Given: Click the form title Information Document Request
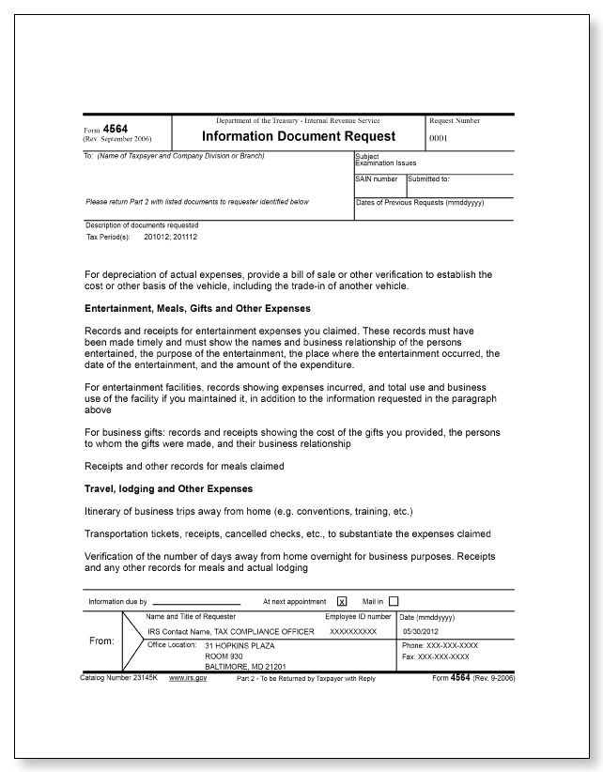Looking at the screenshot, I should click(x=299, y=137).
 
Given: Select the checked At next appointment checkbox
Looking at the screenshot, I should click(x=342, y=602).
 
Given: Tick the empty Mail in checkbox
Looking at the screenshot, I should click(x=394, y=602).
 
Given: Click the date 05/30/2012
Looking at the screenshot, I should click(x=420, y=632).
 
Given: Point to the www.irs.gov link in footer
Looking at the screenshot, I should click(x=188, y=678).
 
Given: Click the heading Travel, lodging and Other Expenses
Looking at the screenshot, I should click(x=168, y=488).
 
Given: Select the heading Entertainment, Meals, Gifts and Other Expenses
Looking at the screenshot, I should click(x=197, y=308).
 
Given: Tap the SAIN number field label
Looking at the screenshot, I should click(x=377, y=178).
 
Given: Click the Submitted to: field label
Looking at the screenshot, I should click(x=429, y=178).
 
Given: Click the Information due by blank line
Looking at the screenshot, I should click(x=196, y=603).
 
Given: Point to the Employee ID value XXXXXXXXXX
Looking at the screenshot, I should click(x=353, y=632).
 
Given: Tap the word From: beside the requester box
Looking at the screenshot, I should click(x=101, y=641).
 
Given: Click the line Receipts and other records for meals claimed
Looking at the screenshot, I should click(x=184, y=466).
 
